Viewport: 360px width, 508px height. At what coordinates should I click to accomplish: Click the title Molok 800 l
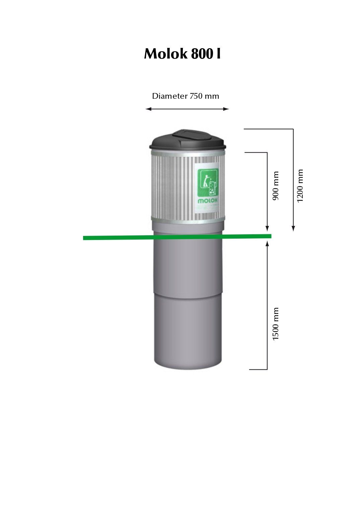click(182, 54)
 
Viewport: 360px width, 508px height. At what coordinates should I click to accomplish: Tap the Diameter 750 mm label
click(186, 96)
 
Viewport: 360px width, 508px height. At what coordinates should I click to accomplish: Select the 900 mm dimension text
click(276, 186)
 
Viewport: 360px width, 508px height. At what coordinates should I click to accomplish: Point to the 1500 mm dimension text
click(276, 324)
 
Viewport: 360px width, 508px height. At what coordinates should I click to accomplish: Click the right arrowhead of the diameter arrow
click(226, 109)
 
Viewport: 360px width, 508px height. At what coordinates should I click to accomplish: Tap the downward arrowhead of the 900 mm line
click(267, 228)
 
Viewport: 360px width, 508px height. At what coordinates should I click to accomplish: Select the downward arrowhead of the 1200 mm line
click(293, 228)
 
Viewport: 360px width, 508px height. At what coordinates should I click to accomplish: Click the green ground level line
click(117, 238)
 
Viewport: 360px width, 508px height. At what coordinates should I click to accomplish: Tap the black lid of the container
click(157, 144)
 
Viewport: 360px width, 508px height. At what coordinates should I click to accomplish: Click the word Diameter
click(170, 96)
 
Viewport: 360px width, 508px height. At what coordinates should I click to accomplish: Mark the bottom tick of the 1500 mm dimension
click(258, 369)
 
